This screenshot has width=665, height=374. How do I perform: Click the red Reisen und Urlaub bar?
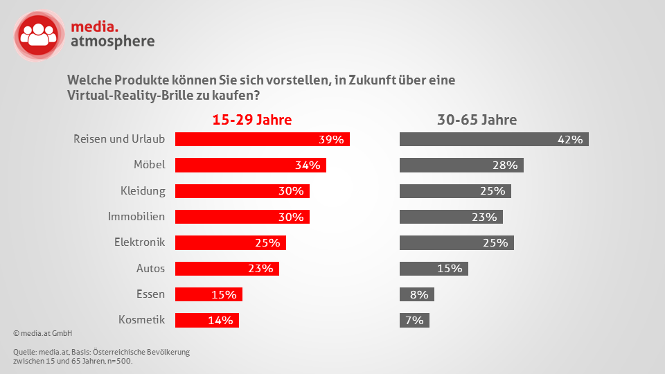pos(262,139)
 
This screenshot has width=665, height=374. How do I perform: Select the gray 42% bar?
pos(494,139)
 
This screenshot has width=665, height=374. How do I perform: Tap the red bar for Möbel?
pos(250,165)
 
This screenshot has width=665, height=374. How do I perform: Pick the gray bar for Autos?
pos(434,269)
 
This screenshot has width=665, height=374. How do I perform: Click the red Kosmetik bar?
pos(206,321)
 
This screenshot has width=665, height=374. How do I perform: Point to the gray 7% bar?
pos(415,321)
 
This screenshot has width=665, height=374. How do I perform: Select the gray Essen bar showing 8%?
pos(417,294)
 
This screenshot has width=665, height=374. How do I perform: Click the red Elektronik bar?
pos(230,242)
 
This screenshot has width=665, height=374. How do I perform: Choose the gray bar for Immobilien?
pos(451,217)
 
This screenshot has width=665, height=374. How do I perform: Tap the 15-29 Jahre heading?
pos(251,120)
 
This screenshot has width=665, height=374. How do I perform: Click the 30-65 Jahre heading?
pos(477,120)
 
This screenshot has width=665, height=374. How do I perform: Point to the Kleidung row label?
pos(143,190)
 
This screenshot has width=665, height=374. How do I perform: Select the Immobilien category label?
pos(136,216)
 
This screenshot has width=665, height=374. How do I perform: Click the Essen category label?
pos(150,294)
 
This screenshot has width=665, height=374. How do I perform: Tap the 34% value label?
pos(307,165)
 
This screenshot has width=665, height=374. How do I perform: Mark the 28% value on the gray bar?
pos(505,165)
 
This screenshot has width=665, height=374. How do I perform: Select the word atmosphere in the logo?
pos(113,42)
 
